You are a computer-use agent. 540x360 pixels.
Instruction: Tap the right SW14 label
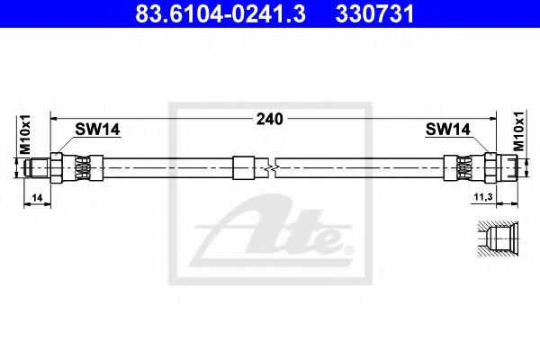[x=448, y=130]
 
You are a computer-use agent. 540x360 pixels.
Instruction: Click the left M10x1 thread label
[x=26, y=135]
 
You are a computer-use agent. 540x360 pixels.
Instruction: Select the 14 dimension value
[x=37, y=196]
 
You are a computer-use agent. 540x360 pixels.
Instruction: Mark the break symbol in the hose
[x=272, y=167]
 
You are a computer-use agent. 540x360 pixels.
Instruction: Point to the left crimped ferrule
[x=82, y=167]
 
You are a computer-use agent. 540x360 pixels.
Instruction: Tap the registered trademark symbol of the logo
[x=348, y=244]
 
